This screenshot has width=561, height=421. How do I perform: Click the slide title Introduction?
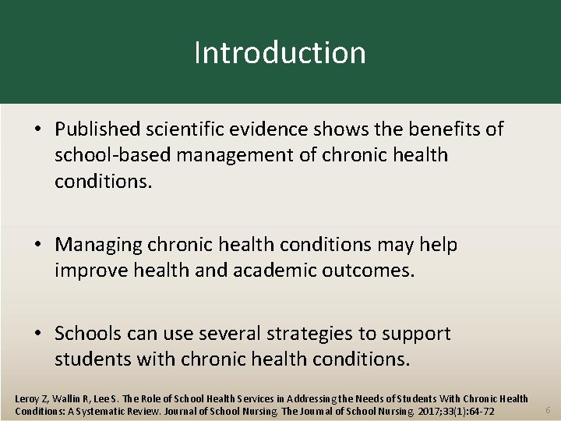click(x=280, y=53)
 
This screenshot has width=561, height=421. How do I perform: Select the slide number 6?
click(x=547, y=410)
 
